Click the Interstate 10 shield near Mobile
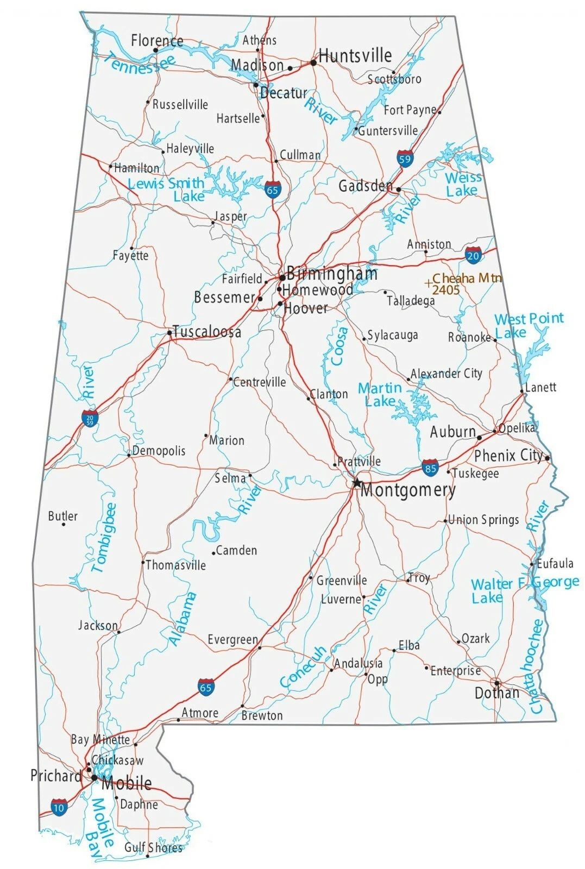tap(59, 807)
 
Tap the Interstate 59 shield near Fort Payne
tap(404, 158)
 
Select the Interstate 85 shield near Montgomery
tap(430, 467)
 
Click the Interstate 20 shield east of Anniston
tap(473, 255)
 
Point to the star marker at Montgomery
tap(356, 482)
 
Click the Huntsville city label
tap(355, 55)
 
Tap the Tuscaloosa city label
tap(206, 332)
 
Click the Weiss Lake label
tap(463, 184)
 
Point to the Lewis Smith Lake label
tap(166, 190)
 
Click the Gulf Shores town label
tap(153, 847)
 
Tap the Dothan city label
tap(496, 694)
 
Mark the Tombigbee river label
tap(104, 538)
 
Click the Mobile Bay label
tap(102, 822)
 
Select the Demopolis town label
tap(159, 451)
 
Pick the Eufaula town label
tap(555, 563)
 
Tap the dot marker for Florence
tap(155, 51)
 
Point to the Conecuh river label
tap(303, 666)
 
